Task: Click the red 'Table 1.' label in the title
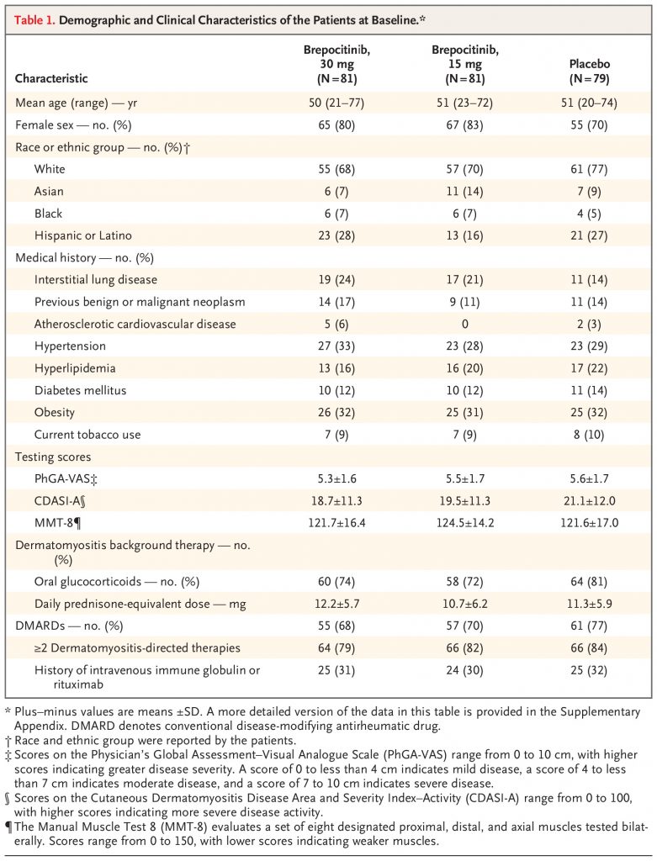pos(34,20)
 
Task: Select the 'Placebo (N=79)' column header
pos(590,71)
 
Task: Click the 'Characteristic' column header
pos(51,78)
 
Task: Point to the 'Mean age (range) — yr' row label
pos(77,103)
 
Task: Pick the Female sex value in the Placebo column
pos(589,125)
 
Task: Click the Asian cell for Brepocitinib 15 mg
pos(464,192)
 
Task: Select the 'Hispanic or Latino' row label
pos(83,235)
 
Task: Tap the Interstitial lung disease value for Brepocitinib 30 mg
pos(336,280)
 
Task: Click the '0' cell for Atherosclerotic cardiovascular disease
pos(464,324)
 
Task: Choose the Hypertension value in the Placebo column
pos(589,346)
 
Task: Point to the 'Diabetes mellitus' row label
pos(80,390)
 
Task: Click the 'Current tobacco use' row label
pos(87,435)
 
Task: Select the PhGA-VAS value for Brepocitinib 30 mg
pos(336,478)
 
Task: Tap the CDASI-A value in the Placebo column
pos(589,501)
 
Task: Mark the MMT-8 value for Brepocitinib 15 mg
pos(464,523)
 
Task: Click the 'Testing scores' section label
pos(53,457)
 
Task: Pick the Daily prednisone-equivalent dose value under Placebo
pos(589,604)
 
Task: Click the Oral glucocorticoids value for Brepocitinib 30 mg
pos(336,582)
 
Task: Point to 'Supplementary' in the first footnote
pos(600,712)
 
